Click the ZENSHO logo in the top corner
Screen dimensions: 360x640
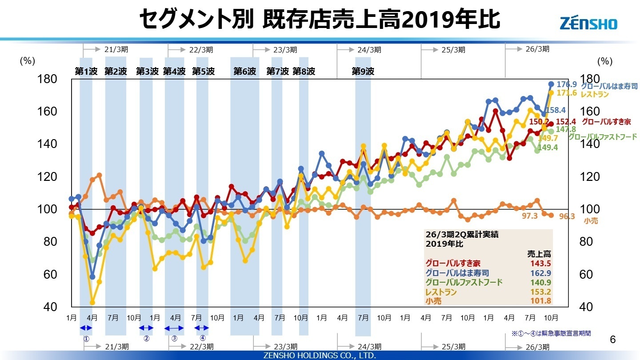(588, 23)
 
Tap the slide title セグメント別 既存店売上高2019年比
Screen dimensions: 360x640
(320, 20)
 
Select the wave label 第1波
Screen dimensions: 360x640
(86, 71)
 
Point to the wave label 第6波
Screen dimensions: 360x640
(245, 71)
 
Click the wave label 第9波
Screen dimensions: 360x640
(363, 71)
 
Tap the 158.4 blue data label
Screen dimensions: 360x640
(556, 110)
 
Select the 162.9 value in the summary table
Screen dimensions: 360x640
(540, 273)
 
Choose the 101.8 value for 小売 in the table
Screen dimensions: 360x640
(540, 301)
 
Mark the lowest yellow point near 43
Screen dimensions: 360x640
(92, 302)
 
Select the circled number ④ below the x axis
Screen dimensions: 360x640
(203, 337)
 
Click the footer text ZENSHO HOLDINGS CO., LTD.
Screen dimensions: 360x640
(320, 356)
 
